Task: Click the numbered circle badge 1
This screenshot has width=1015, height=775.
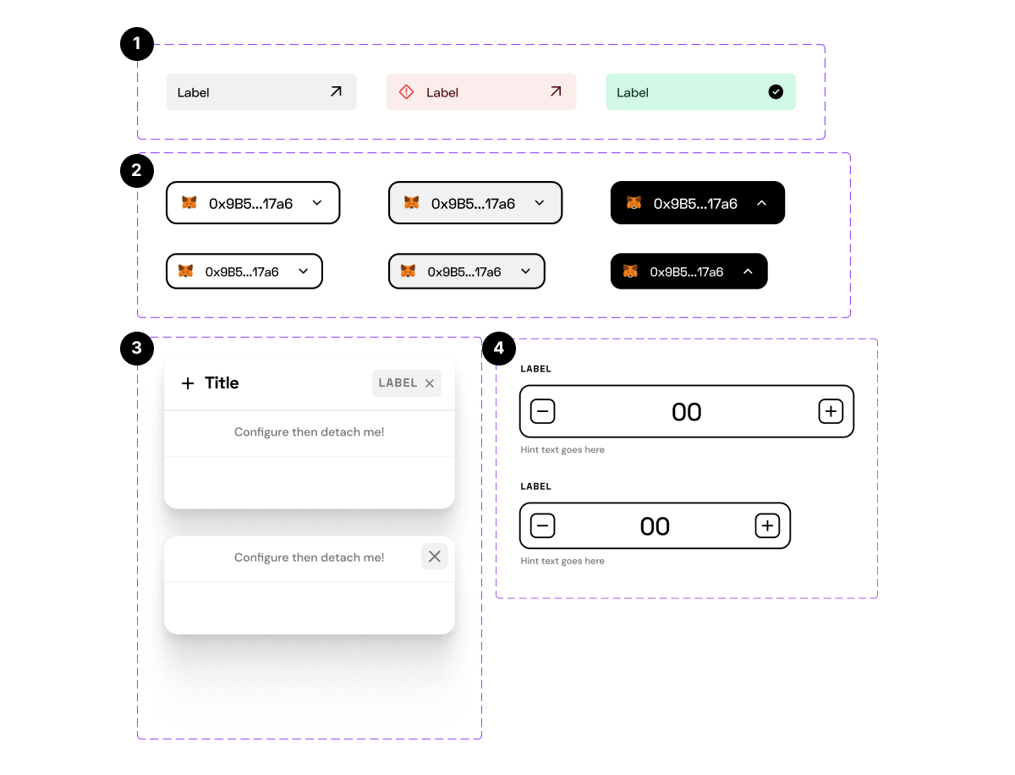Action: pos(137,44)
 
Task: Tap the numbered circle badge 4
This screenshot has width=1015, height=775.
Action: pos(498,348)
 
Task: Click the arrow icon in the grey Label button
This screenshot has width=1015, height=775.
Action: pos(336,91)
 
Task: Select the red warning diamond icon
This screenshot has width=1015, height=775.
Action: pos(406,91)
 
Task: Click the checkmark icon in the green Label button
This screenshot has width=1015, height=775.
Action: pos(776,91)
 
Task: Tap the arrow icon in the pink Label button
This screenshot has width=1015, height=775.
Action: pos(556,91)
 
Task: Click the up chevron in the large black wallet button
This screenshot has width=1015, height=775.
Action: pos(761,203)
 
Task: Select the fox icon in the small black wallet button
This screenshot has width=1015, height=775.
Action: pos(630,272)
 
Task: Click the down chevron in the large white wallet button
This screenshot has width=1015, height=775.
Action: pos(317,203)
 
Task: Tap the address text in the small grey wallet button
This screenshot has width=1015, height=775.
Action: pos(464,272)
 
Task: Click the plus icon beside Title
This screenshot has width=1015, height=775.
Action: pos(188,383)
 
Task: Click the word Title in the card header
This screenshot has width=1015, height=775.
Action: pos(222,383)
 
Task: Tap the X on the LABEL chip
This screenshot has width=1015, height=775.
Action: pos(430,383)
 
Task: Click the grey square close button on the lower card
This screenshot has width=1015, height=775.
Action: pos(434,556)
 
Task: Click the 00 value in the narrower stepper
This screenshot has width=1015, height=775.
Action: pos(655,526)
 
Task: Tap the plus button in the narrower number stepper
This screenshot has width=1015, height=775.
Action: pos(766,526)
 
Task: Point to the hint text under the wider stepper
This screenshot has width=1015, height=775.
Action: pos(562,450)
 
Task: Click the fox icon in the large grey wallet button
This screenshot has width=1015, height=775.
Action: pos(411,203)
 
